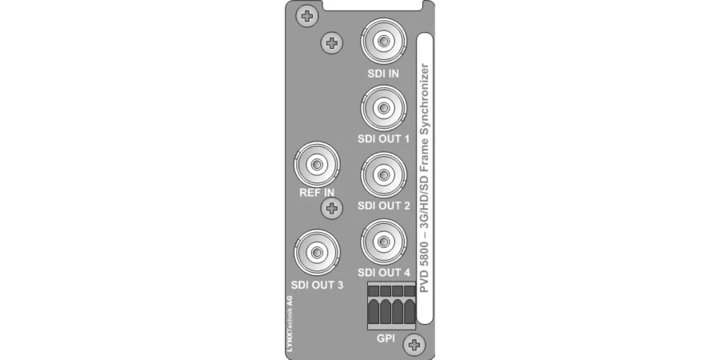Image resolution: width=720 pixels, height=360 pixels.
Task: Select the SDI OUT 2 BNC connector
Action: tap(383, 174)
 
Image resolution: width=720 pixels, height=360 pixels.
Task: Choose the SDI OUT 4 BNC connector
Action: tap(383, 241)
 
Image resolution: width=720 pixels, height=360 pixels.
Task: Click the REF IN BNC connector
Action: tap(317, 166)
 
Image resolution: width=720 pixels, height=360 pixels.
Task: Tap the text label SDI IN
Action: tap(384, 74)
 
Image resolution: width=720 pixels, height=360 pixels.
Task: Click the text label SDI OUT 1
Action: tap(384, 139)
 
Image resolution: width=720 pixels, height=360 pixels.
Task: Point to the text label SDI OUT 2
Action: tap(384, 206)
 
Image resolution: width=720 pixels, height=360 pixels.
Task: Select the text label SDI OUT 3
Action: tap(318, 284)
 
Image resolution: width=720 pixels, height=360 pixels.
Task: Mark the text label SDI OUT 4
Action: tap(384, 272)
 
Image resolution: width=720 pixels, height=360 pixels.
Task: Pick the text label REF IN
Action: tap(317, 192)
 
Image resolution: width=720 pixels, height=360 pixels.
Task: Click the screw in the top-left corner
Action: tap(306, 16)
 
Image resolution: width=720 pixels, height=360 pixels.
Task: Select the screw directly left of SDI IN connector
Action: tap(331, 42)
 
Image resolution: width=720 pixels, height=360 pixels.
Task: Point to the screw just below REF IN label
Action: tap(330, 209)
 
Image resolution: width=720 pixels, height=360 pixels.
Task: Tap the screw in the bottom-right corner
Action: tap(414, 345)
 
